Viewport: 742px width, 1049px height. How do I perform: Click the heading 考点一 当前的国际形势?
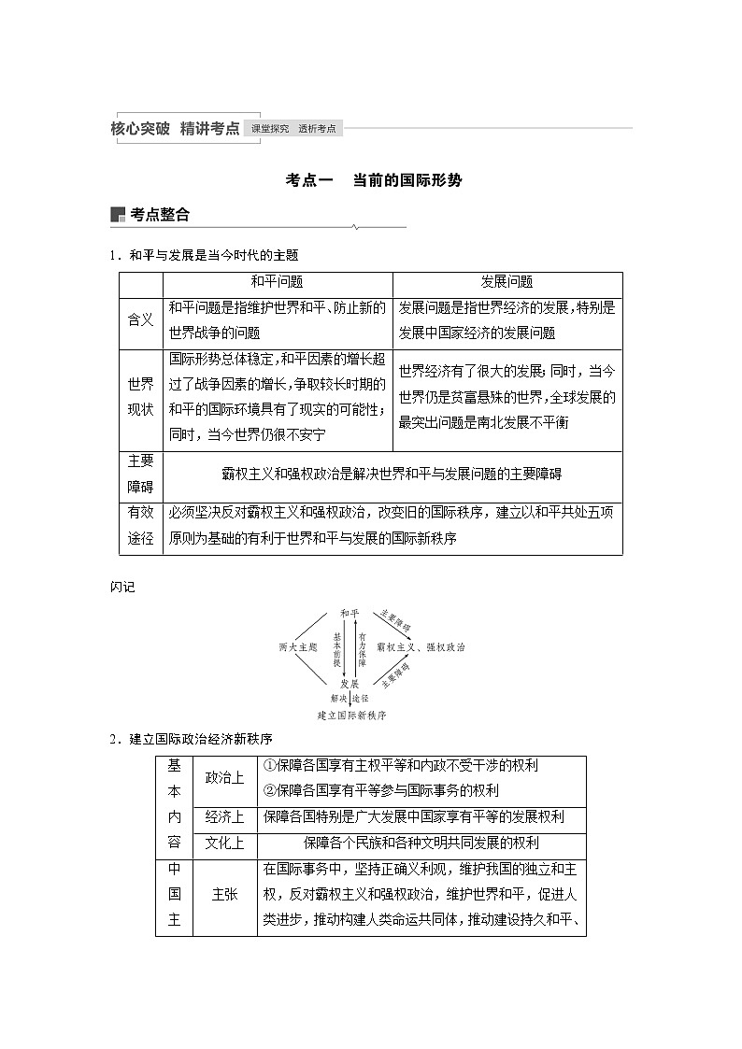coord(373,180)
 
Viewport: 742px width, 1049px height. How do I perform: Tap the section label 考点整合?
coord(160,215)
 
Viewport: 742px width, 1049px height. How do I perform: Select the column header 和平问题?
coord(277,282)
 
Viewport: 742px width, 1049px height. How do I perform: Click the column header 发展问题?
coord(507,282)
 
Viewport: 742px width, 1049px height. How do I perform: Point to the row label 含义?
coord(140,319)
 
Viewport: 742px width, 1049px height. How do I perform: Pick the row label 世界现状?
coord(140,398)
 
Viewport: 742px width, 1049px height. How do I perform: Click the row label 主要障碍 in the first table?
coord(140,474)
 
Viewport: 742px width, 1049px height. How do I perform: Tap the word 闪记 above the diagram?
coord(122,587)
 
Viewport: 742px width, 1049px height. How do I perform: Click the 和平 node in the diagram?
coord(350,613)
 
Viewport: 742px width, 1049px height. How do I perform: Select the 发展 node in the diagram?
coord(350,684)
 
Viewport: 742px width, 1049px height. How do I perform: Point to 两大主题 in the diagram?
coord(297,646)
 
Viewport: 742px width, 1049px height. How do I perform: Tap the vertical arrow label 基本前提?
coord(336,647)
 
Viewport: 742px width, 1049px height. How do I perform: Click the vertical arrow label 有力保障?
coord(362,647)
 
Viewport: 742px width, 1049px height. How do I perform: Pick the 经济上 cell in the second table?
coord(224,817)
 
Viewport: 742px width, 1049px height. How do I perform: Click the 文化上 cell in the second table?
coord(224,843)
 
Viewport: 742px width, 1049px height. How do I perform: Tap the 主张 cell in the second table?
coord(224,895)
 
